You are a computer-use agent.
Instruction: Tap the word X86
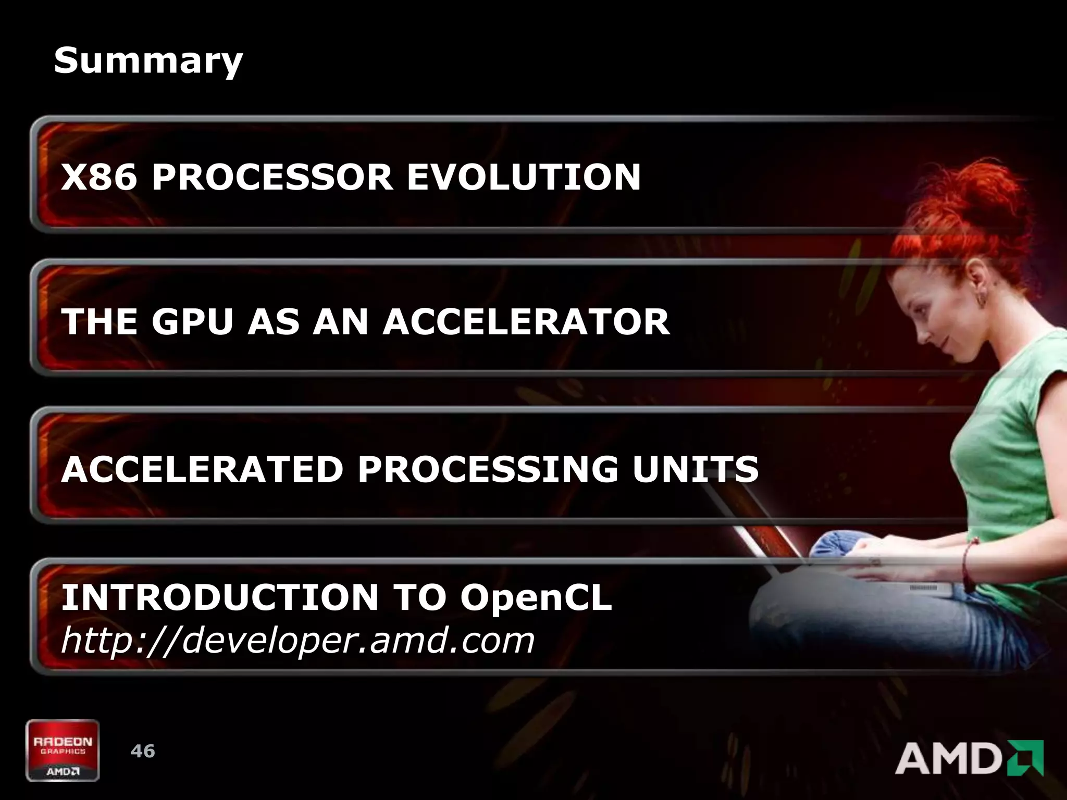pyautogui.click(x=99, y=177)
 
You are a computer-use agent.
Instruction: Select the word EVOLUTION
pyautogui.click(x=523, y=177)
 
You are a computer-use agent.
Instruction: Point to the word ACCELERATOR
pyautogui.click(x=526, y=321)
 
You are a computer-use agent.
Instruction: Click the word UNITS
pyautogui.click(x=695, y=469)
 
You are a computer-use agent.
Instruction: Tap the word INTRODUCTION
pyautogui.click(x=219, y=597)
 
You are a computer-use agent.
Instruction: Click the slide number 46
pyautogui.click(x=143, y=751)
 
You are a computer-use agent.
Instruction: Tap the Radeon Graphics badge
pyautogui.click(x=63, y=750)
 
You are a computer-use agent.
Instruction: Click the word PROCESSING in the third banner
pyautogui.click(x=488, y=469)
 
